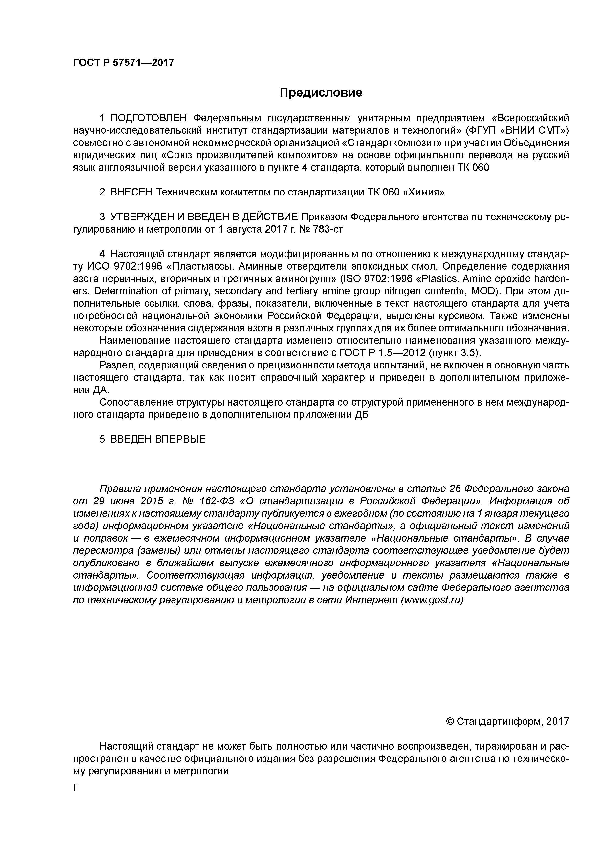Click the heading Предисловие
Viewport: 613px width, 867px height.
click(321, 93)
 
